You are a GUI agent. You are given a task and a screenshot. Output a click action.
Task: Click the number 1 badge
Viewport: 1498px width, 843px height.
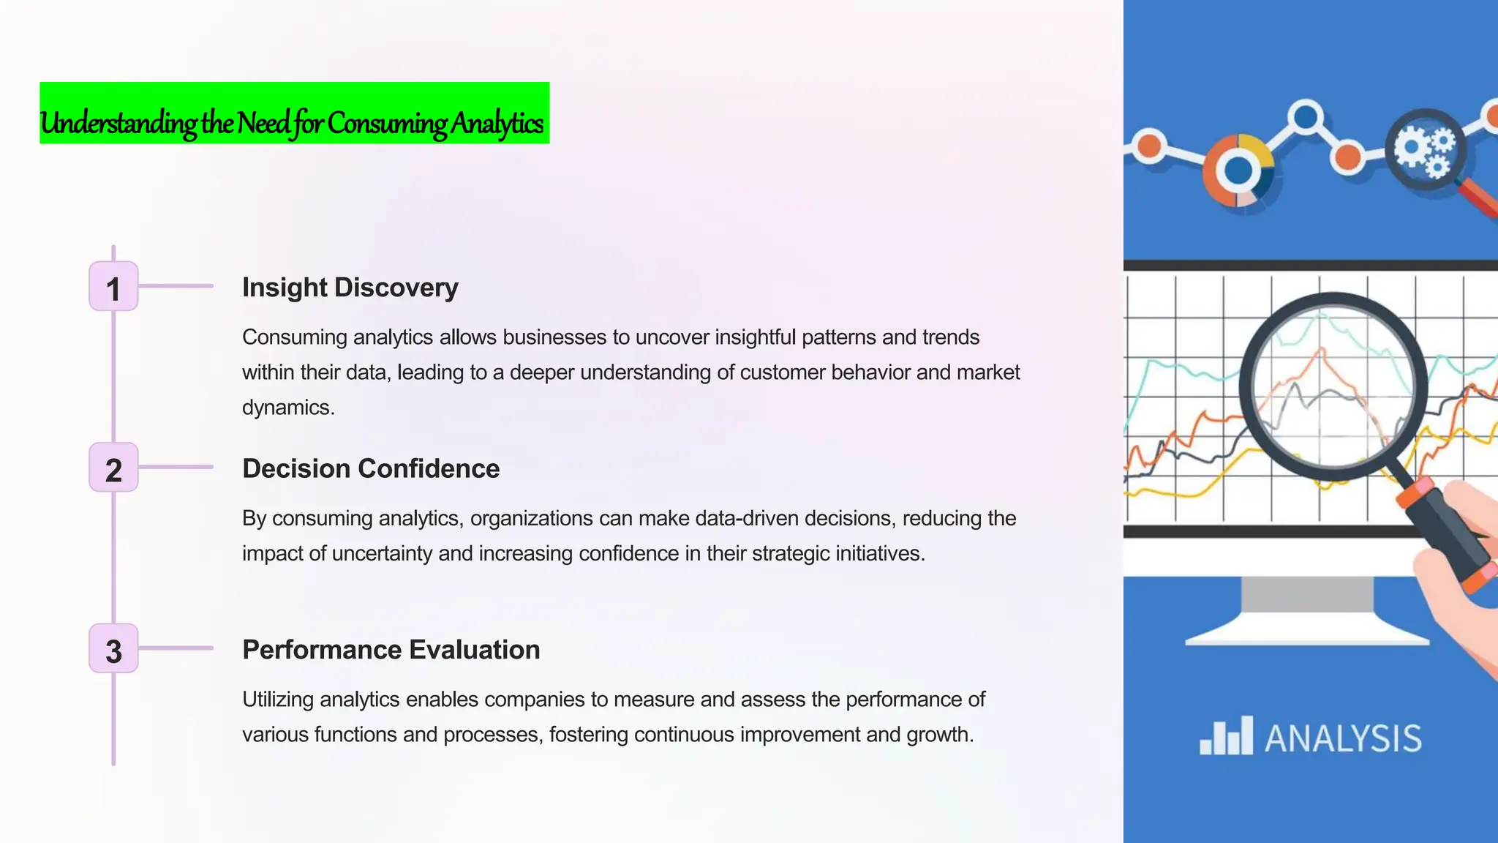pos(113,287)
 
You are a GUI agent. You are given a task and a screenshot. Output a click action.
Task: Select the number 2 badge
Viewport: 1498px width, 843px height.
pos(113,468)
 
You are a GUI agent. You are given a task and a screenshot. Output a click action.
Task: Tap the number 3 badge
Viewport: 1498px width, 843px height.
pos(113,649)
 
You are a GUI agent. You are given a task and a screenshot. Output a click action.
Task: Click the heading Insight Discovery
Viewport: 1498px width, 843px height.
pos(350,288)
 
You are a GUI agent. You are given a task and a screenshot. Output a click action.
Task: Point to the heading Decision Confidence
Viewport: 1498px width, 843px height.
pos(371,469)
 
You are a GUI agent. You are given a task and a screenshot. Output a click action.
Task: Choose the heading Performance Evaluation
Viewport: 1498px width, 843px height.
pos(391,650)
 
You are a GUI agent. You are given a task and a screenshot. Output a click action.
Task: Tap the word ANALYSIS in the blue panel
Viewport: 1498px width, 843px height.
pos(1344,738)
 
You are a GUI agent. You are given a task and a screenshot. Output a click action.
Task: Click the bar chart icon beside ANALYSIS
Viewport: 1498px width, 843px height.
pos(1226,736)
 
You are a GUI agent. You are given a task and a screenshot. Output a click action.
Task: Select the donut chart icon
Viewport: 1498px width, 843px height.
pos(1239,171)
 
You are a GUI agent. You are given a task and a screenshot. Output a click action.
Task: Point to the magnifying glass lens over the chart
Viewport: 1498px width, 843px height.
pos(1333,386)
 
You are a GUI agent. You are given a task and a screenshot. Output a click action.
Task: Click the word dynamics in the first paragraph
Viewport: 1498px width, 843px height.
pos(287,408)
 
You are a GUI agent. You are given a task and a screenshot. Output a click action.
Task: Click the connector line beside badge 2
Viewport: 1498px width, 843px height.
pos(176,467)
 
